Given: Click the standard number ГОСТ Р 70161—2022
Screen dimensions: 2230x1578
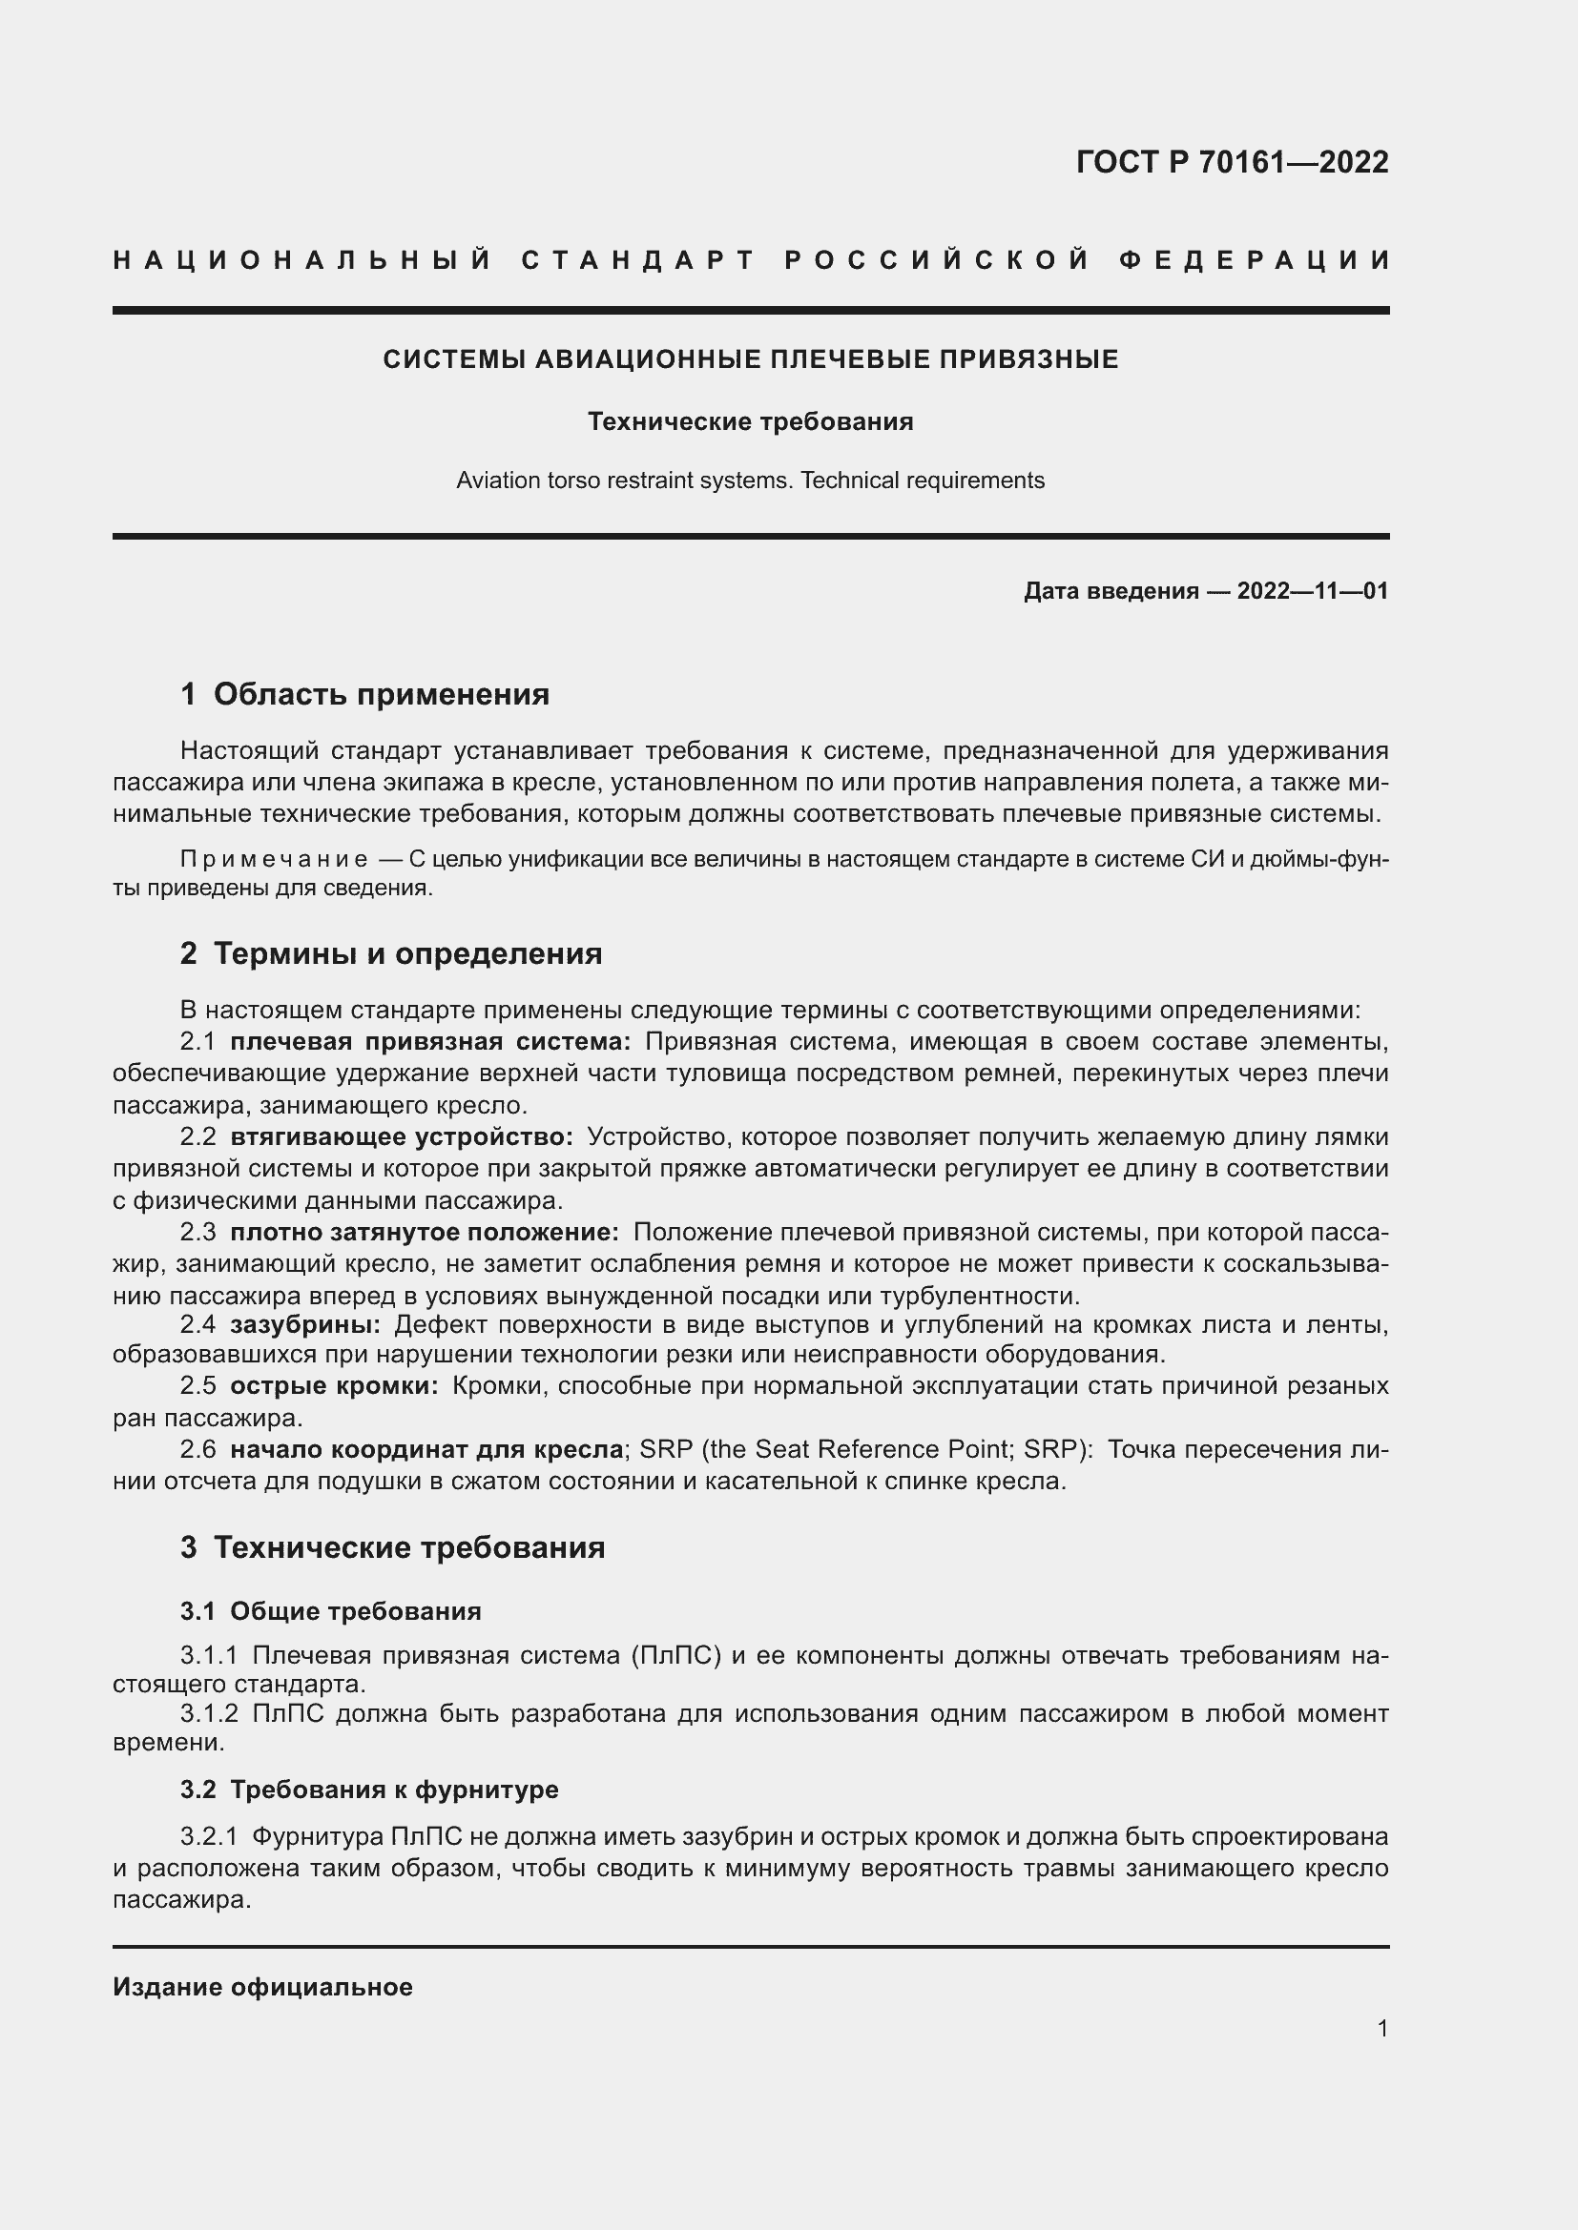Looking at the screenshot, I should tap(1231, 161).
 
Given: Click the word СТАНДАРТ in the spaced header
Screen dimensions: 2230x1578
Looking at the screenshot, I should tap(638, 260).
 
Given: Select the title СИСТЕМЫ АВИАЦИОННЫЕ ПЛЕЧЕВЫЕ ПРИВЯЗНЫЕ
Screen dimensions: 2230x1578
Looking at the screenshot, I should tap(750, 359).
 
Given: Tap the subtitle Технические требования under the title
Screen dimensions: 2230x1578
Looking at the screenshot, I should tap(750, 421).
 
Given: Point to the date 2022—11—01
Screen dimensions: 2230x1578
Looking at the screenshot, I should tap(1312, 590).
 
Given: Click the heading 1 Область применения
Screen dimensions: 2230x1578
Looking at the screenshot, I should tap(364, 694).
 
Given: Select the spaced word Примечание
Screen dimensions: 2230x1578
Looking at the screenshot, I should tap(274, 860).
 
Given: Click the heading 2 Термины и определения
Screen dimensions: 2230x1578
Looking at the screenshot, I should tap(390, 953).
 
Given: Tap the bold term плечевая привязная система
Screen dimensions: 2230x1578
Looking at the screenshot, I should tap(430, 1042).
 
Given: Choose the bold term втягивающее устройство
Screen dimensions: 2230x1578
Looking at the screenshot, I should tap(402, 1136).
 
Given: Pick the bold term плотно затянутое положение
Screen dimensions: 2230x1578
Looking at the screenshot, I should tap(425, 1233).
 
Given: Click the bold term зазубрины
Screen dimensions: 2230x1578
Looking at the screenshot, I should tap(305, 1325).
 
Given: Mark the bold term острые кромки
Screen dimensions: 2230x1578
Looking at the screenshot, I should tap(334, 1386).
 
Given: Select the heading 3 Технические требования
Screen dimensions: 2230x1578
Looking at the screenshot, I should tap(392, 1547).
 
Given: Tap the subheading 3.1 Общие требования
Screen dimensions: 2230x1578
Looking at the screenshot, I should tap(330, 1611).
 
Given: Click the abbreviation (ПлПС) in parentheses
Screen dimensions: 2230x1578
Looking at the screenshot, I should tap(675, 1655).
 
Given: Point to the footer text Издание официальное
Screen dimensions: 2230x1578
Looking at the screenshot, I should tap(262, 1987).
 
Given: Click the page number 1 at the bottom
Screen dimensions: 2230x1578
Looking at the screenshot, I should tap(1382, 2029).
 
